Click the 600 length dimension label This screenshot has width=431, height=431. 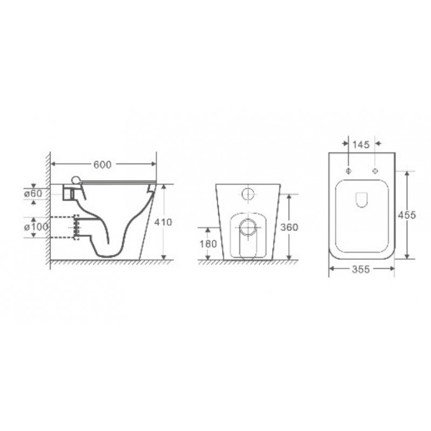point(102,165)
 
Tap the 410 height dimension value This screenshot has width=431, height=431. point(163,222)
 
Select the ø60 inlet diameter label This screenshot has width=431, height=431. point(33,193)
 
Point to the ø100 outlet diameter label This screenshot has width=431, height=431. point(36,227)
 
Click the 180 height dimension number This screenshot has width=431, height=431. point(208,244)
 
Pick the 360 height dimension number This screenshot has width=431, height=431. point(289,227)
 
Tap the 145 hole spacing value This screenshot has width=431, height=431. point(361,145)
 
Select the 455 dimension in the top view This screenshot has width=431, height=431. point(407,215)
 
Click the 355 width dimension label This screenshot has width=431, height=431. point(361,269)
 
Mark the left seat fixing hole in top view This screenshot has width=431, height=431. point(349,171)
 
